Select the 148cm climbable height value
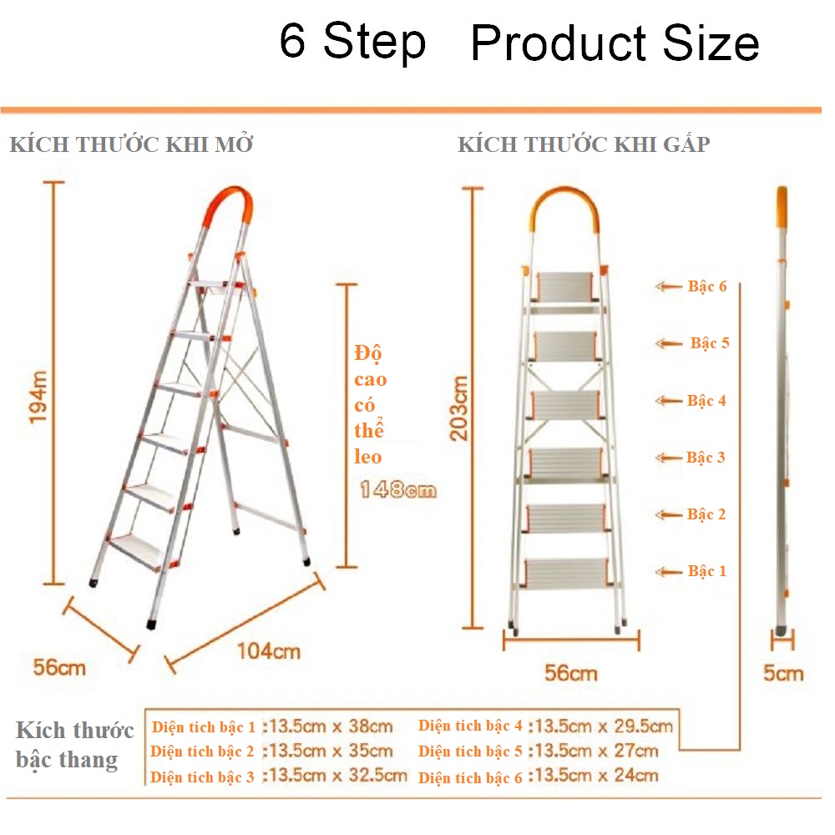(397, 490)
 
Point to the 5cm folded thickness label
(783, 673)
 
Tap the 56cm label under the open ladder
(59, 667)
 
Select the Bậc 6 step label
(707, 286)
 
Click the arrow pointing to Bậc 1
(669, 572)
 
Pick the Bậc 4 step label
(706, 401)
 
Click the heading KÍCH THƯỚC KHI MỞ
(131, 144)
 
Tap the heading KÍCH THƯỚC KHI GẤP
(584, 144)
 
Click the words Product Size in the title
(615, 43)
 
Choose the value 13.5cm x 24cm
(596, 776)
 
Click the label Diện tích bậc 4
(470, 726)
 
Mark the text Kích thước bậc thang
(73, 746)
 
